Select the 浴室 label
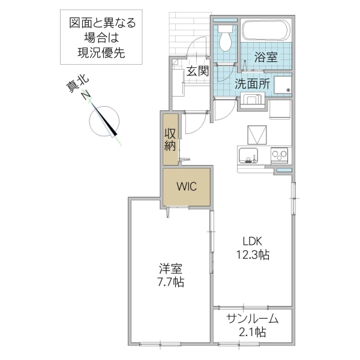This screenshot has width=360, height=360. pyautogui.click(x=265, y=58)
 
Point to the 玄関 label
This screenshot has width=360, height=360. pyautogui.click(x=196, y=71)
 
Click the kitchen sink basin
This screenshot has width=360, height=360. pyautogui.click(x=247, y=155)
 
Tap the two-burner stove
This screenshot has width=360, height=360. pyautogui.click(x=280, y=155)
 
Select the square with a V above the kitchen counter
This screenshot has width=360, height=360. pyautogui.click(x=256, y=133)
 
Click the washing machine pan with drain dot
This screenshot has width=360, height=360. pyautogui.click(x=280, y=85)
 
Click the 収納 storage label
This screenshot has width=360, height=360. pyautogui.click(x=170, y=139)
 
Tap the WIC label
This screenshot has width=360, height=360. pyautogui.click(x=186, y=186)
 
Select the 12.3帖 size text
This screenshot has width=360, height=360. pyautogui.click(x=253, y=255)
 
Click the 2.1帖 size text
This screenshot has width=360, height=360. pyautogui.click(x=252, y=332)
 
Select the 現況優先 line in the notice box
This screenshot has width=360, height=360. pyautogui.click(x=102, y=53)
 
